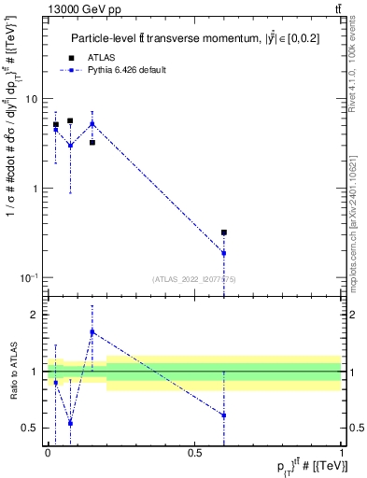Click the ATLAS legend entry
101,58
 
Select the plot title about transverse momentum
195,38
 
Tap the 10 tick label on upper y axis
31,99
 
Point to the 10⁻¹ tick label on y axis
29,278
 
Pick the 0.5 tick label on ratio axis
31,429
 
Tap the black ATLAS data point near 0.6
224,232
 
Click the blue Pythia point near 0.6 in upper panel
224,253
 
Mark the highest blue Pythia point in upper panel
92,123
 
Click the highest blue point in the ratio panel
92,331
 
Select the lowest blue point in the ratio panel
70,423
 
